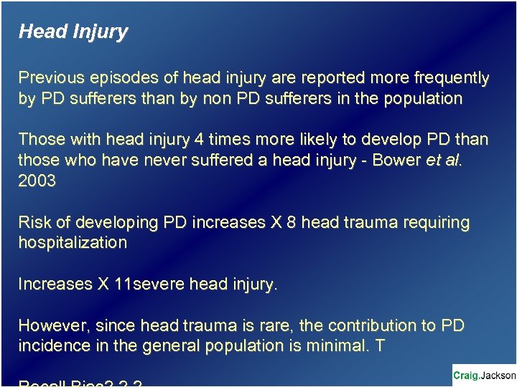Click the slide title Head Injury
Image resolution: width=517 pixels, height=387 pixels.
[73, 32]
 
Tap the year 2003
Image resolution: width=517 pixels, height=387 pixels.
[37, 181]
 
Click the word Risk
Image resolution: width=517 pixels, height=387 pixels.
[34, 222]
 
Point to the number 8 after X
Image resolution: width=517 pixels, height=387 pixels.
[291, 222]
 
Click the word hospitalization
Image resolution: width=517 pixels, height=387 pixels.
[73, 242]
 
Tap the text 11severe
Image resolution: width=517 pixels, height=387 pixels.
[149, 284]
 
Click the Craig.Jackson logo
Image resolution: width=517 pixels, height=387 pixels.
[484, 375]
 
